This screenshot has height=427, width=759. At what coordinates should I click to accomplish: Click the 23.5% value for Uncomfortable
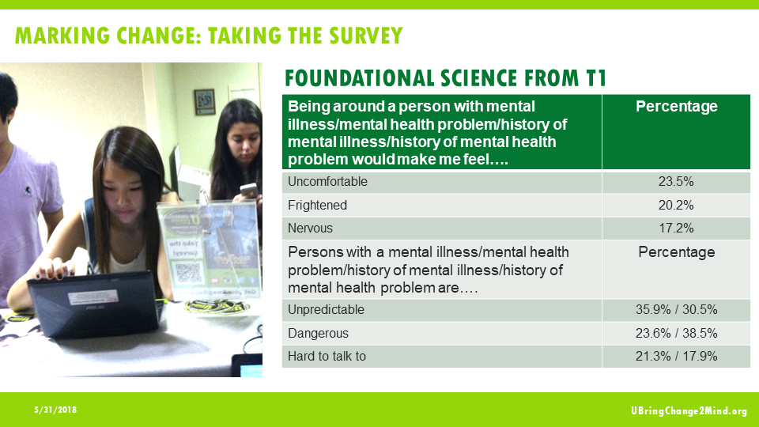click(676, 182)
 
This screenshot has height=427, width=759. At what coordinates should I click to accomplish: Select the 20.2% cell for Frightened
click(676, 206)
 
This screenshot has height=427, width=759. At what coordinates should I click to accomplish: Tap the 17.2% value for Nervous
click(676, 229)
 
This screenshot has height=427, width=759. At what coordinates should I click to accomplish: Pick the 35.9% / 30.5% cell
click(676, 310)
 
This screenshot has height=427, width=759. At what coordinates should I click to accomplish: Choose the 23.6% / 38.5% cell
click(676, 333)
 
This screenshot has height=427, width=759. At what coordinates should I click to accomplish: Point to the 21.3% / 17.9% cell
click(676, 356)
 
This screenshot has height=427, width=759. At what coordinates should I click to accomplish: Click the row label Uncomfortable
click(328, 182)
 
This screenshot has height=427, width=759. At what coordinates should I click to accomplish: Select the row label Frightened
click(319, 206)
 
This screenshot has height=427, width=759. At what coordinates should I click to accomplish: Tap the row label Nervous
click(311, 229)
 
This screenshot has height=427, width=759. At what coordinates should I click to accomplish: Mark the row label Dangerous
click(319, 333)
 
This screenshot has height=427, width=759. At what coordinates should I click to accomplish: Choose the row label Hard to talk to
click(327, 356)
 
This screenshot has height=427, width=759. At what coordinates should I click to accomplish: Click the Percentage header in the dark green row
click(676, 107)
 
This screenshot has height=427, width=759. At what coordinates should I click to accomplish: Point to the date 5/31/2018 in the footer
click(55, 411)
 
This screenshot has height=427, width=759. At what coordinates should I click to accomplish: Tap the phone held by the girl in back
click(248, 190)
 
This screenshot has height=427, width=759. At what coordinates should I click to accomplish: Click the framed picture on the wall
click(204, 101)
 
